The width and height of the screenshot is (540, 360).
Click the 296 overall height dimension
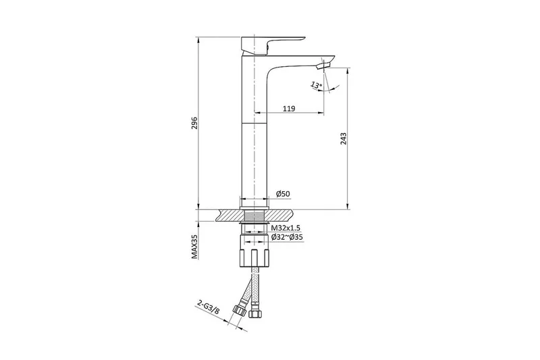click(x=194, y=123)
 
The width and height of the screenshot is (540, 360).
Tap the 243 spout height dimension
click(x=344, y=138)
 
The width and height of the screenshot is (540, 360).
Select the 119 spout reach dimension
click(x=289, y=109)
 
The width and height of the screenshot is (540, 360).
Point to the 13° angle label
click(x=317, y=84)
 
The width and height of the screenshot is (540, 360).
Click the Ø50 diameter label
click(x=283, y=194)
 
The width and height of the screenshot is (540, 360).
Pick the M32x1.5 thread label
click(x=286, y=228)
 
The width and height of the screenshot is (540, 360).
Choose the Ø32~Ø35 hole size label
click(x=287, y=237)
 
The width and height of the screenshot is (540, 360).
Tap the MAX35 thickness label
click(x=195, y=247)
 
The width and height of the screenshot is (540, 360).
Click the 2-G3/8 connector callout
click(x=209, y=307)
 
